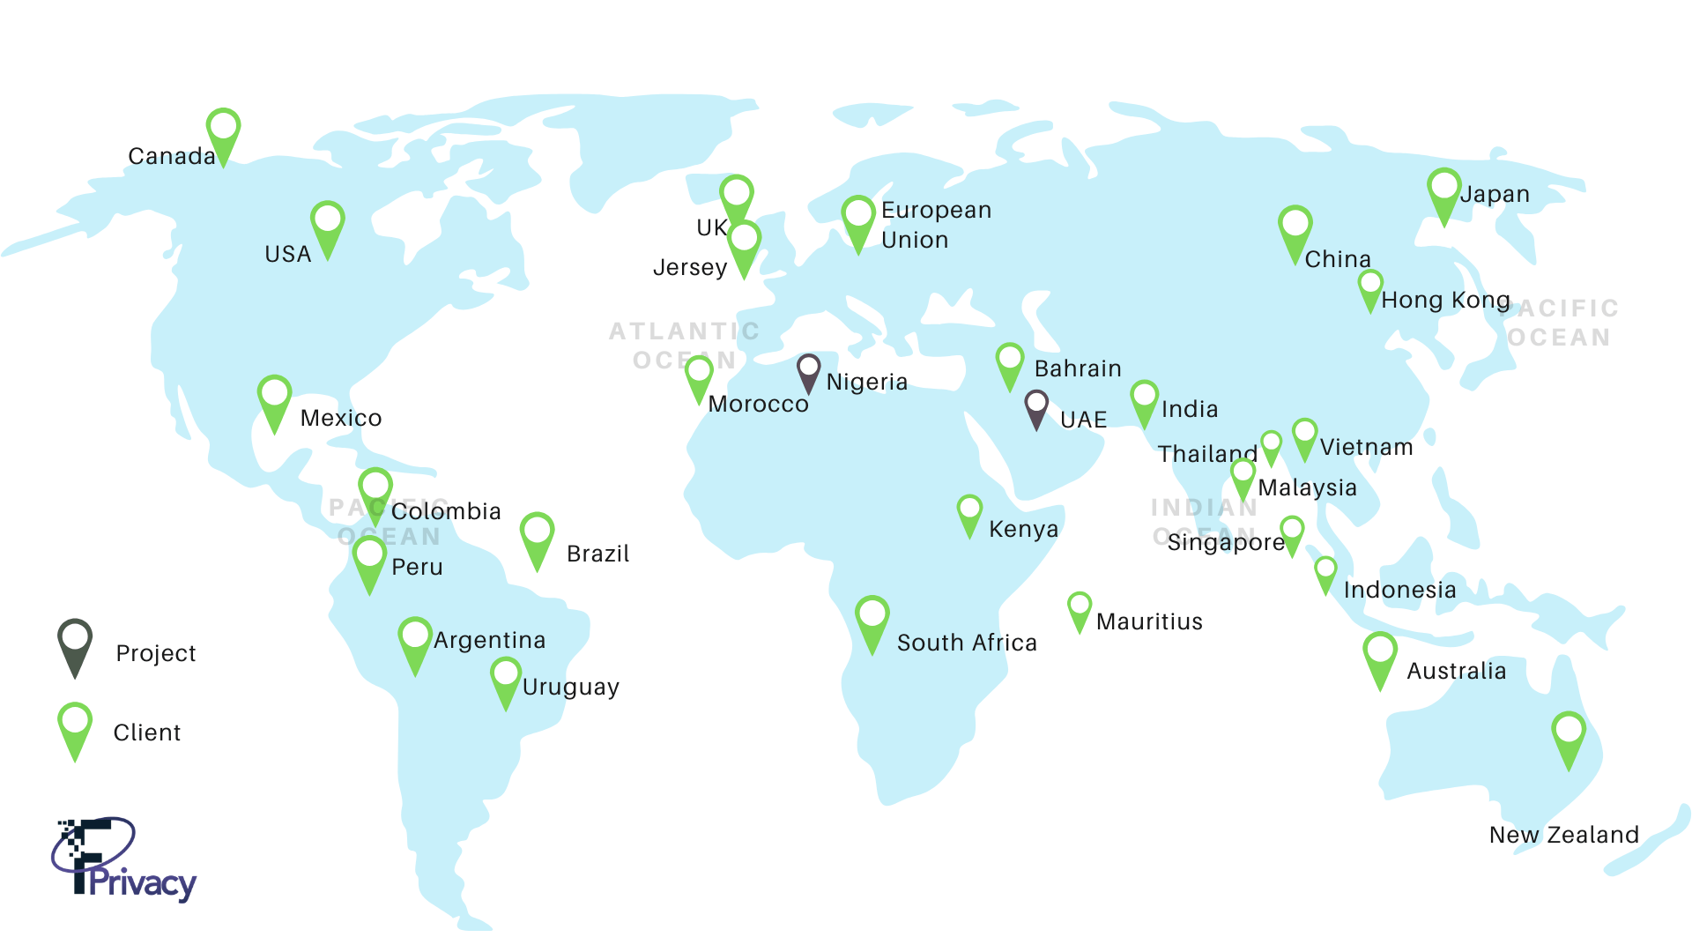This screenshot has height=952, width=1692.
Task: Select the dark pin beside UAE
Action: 1036,406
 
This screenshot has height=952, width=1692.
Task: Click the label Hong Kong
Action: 1445,301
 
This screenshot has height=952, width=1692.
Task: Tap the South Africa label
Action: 967,643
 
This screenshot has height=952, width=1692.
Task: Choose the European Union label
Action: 935,225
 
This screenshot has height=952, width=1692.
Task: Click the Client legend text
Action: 146,733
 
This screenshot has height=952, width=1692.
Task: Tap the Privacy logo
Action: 123,859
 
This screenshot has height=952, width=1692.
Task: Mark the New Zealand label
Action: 1563,835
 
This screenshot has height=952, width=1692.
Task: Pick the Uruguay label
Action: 570,687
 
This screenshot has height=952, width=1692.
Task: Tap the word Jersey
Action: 690,267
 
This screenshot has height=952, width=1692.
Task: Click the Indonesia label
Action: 1399,590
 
